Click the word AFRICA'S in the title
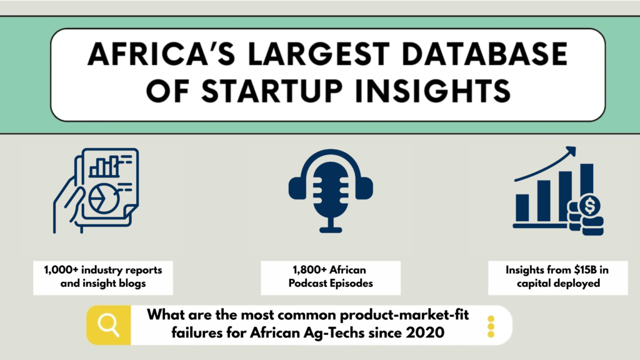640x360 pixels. click(161, 54)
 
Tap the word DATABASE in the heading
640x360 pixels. click(484, 54)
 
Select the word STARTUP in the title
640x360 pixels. click(271, 91)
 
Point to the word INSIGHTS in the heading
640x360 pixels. click(433, 91)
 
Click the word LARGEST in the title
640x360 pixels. click(319, 54)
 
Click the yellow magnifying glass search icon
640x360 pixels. click(109, 325)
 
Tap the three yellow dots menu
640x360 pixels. click(491, 326)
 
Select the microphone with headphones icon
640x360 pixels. click(331, 191)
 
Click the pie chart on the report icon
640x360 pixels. click(103, 199)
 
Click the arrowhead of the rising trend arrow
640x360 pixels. click(571, 151)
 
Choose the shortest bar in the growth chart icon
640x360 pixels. click(522, 207)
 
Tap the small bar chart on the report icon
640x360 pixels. click(104, 166)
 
